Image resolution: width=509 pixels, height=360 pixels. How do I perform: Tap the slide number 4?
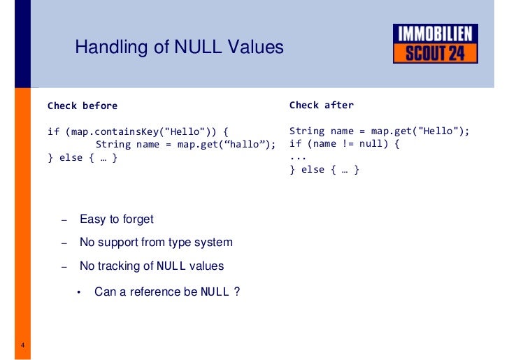click(23, 346)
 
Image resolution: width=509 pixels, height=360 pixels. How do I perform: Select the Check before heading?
click(83, 106)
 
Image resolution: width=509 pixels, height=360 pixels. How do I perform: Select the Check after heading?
click(322, 106)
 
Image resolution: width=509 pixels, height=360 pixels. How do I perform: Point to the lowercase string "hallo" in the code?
click(245, 144)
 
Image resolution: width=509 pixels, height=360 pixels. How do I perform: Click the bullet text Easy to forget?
click(116, 219)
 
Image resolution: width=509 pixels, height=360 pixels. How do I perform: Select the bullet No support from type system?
click(156, 243)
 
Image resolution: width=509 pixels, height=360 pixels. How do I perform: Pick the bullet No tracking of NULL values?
click(152, 266)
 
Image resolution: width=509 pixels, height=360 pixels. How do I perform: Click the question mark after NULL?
click(238, 292)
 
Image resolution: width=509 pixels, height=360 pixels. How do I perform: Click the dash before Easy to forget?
click(64, 220)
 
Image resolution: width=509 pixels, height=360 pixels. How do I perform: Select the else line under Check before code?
click(83, 157)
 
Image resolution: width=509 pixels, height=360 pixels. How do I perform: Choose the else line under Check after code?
click(324, 169)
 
